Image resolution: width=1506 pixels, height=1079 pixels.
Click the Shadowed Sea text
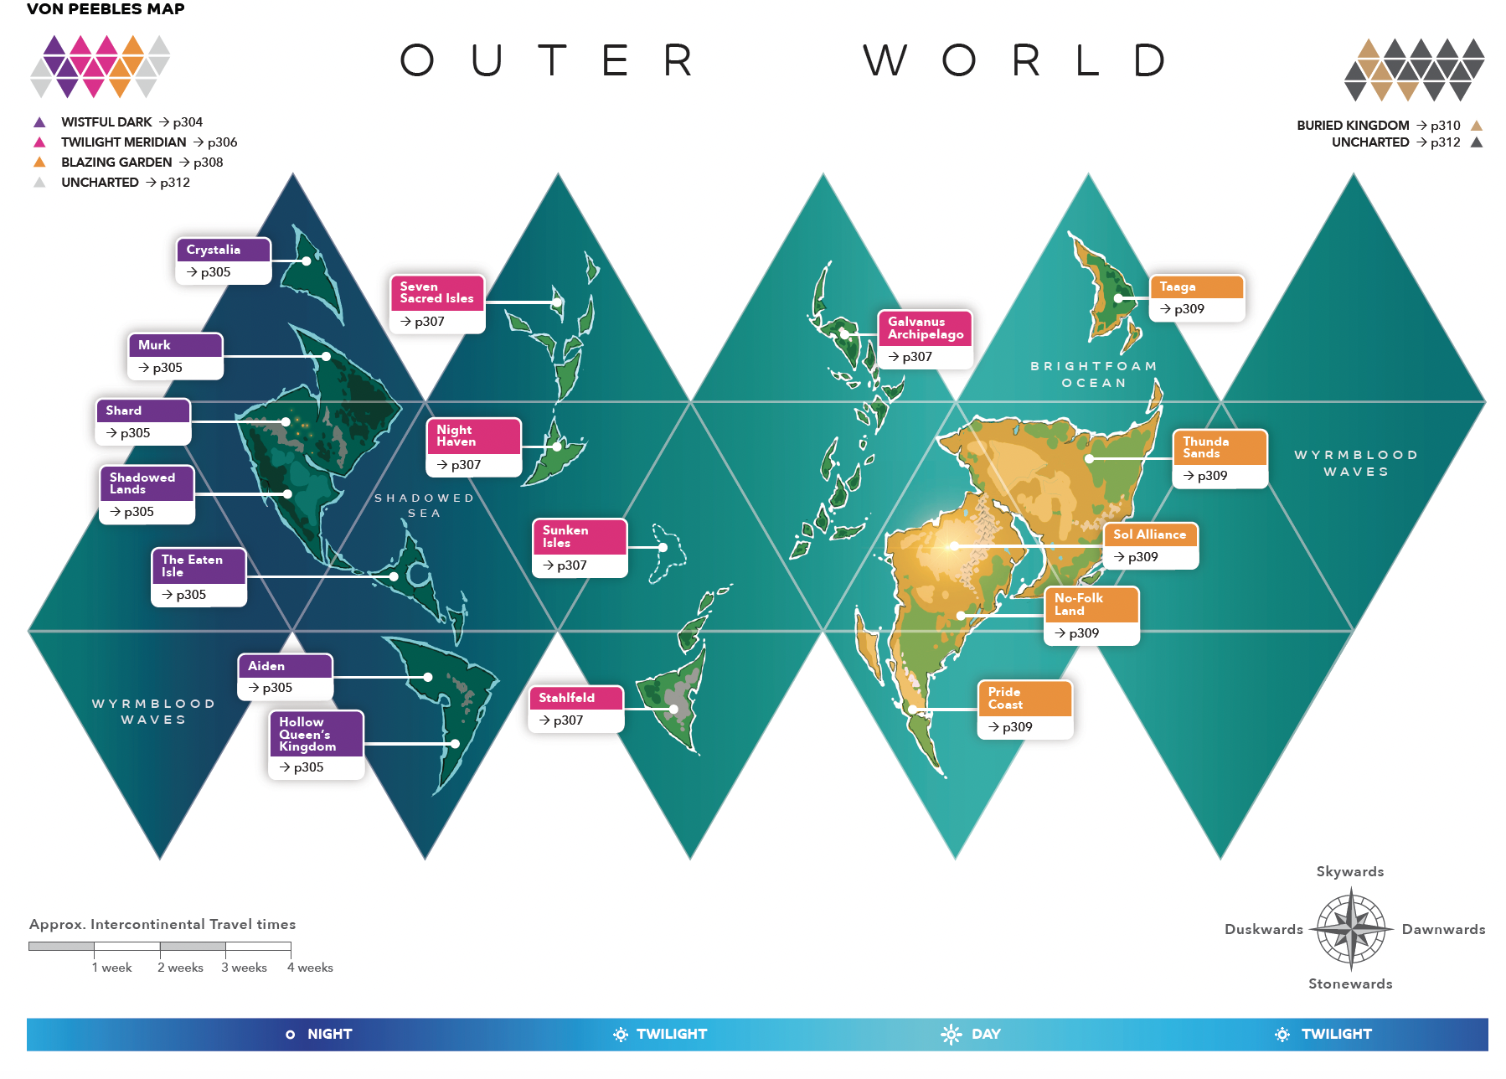(425, 505)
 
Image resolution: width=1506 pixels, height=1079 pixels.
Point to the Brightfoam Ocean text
(1094, 374)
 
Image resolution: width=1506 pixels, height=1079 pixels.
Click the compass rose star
(1351, 929)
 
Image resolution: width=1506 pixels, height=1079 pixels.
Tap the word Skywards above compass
(1349, 872)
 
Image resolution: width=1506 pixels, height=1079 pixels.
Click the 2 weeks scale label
(180, 968)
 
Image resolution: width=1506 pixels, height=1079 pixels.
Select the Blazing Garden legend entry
(116, 163)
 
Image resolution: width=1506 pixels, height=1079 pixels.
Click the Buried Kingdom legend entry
(1353, 126)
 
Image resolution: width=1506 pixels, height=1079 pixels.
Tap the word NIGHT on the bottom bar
(329, 1035)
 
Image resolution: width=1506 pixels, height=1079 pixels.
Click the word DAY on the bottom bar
(986, 1035)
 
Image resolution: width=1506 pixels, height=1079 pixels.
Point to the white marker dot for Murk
(326, 357)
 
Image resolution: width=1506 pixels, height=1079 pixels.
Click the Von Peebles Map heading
(106, 9)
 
